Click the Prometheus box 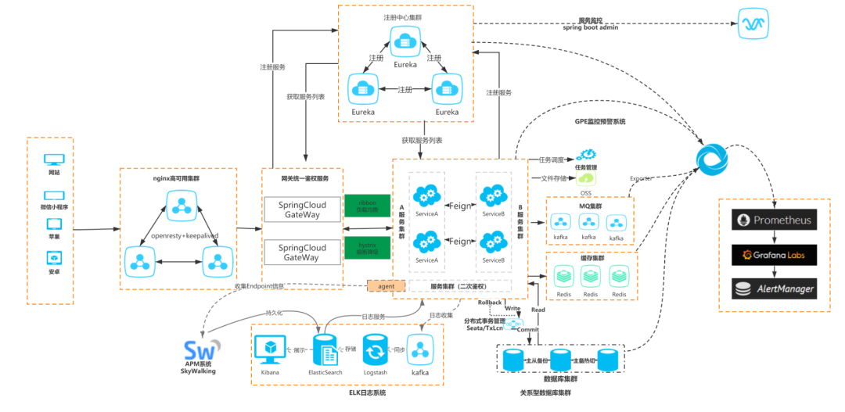(x=773, y=220)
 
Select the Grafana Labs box (x=773, y=254)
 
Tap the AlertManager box (x=773, y=288)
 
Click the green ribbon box (x=367, y=206)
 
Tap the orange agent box (x=387, y=286)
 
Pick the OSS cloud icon (x=586, y=178)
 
